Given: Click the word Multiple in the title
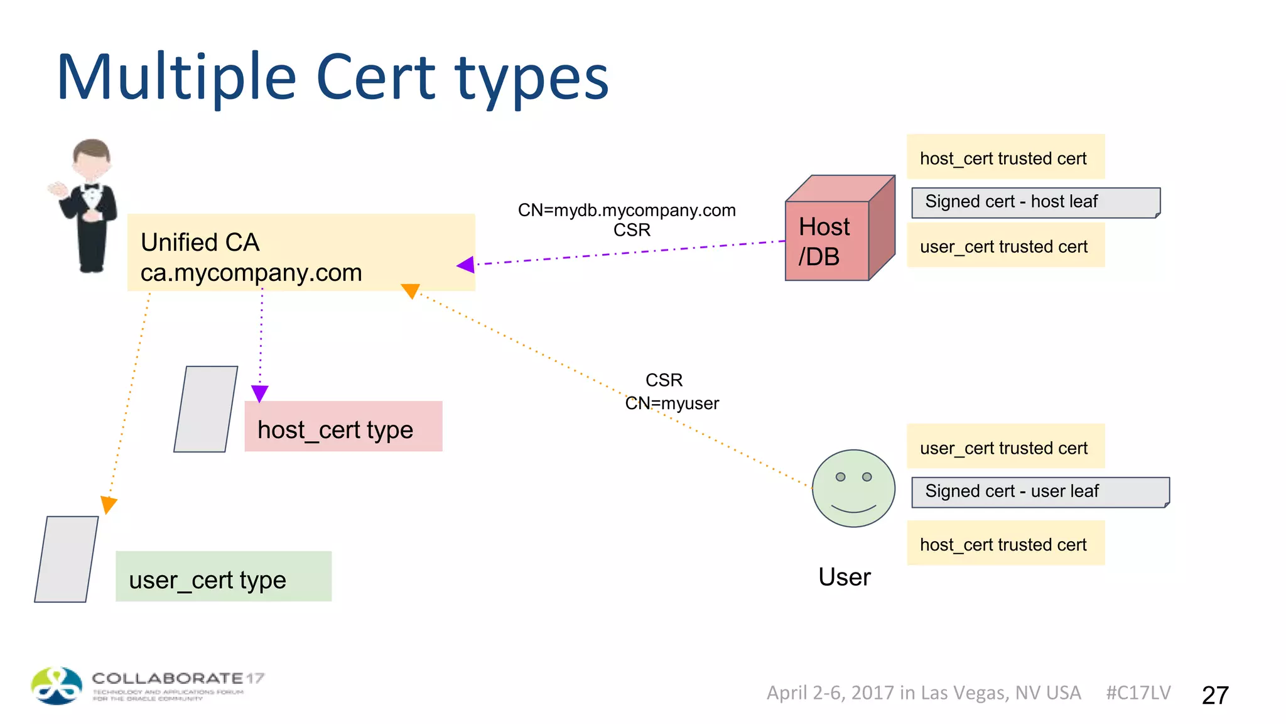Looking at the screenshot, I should [x=176, y=79].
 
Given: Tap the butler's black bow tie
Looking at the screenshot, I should [x=92, y=187].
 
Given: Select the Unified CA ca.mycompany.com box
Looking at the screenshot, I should [x=301, y=253].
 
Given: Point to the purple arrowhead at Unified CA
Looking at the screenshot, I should [x=466, y=265].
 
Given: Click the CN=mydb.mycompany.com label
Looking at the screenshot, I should [x=626, y=210].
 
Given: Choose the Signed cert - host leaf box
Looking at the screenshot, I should [x=1035, y=202].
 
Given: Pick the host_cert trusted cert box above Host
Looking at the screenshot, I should [x=1005, y=157].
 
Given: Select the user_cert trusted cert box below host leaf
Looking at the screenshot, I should [x=1005, y=246].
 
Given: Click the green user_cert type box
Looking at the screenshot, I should [x=224, y=577].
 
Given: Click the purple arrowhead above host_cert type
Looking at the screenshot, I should [x=259, y=393].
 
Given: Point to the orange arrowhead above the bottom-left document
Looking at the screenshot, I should [x=109, y=504].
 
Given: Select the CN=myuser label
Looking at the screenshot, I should [x=672, y=403].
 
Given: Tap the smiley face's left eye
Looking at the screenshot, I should [x=840, y=477].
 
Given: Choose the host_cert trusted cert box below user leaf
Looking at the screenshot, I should [x=1005, y=544].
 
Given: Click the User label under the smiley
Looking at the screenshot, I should [x=844, y=577].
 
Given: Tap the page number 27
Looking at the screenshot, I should [x=1214, y=695].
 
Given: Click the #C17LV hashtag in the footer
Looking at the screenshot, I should [x=1138, y=693].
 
